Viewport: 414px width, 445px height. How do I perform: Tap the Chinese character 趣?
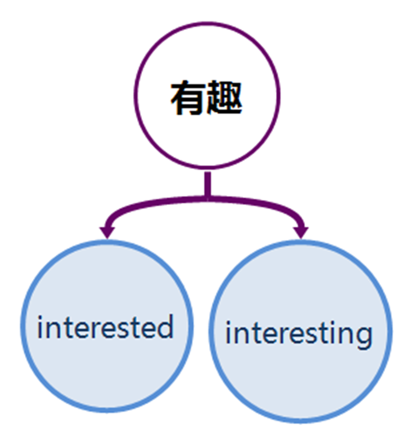224,99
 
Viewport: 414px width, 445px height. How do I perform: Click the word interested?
105,327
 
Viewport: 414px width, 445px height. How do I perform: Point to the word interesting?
299,334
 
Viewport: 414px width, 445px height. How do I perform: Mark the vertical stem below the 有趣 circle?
207,184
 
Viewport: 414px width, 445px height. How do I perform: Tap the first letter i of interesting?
230,334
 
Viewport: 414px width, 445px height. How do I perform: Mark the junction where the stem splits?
207,197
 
